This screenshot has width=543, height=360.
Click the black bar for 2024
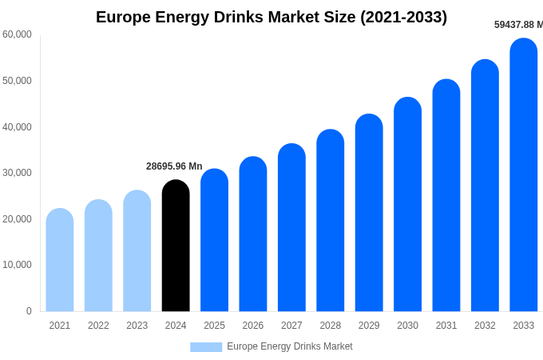tap(176, 246)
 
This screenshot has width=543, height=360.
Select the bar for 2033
tap(524, 175)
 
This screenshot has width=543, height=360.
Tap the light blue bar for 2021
tap(60, 260)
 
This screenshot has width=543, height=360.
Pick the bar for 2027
tap(291, 228)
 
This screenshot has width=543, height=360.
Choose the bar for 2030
tap(407, 205)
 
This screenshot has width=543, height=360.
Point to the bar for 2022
tap(98, 256)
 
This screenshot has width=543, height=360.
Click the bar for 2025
tap(214, 240)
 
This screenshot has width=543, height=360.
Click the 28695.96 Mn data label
tap(174, 166)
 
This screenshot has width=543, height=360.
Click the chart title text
tap(271, 17)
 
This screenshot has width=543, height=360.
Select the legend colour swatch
tap(206, 347)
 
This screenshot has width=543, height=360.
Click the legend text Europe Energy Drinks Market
tap(289, 346)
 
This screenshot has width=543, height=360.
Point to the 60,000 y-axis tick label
tap(17, 34)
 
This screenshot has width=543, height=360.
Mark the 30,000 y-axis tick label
tap(17, 173)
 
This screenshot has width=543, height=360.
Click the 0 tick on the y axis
tap(29, 311)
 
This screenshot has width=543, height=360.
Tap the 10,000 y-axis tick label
tap(17, 265)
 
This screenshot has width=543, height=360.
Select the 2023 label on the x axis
tap(137, 326)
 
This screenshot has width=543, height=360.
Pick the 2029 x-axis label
tap(369, 326)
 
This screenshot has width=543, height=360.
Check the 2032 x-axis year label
tap(485, 326)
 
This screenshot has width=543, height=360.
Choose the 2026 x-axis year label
tap(253, 326)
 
